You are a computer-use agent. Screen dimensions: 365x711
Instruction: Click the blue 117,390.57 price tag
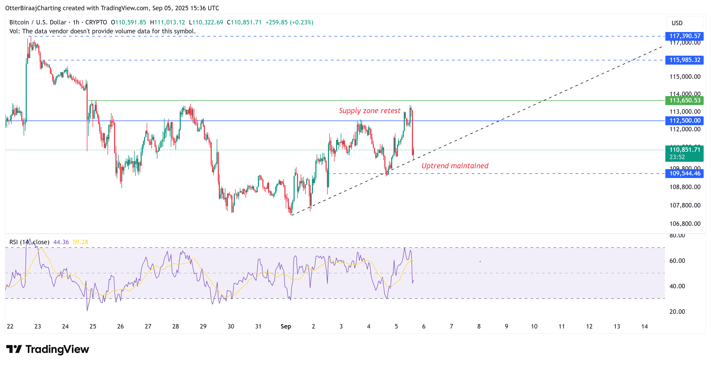[684, 36]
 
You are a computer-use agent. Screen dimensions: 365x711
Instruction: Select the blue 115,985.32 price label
[684, 60]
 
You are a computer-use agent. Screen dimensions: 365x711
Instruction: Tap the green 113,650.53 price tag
[684, 100]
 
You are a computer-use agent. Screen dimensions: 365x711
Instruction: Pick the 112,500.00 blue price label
[684, 121]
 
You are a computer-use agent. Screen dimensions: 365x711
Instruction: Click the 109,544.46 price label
[684, 174]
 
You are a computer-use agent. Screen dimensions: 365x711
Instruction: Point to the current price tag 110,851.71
[684, 150]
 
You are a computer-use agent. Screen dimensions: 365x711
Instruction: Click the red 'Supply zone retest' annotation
[369, 111]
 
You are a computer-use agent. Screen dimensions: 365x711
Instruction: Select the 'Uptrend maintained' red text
[455, 166]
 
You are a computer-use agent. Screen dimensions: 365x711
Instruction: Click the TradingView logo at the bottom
[47, 349]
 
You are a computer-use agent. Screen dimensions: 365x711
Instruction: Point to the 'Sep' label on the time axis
[286, 326]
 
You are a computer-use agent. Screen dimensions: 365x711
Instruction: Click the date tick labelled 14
[644, 326]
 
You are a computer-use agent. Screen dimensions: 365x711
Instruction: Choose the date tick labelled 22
[10, 326]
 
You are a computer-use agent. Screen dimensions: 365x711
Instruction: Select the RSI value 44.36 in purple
[61, 242]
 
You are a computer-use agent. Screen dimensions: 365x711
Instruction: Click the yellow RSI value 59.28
[80, 242]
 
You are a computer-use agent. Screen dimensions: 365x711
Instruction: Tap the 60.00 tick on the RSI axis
[677, 260]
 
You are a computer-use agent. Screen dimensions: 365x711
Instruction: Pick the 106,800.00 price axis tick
[685, 223]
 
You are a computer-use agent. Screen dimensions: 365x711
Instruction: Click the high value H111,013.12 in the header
[167, 22]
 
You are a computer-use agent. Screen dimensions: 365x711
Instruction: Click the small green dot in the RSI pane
[480, 261]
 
